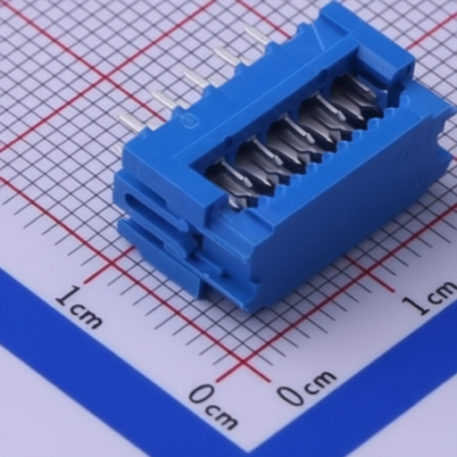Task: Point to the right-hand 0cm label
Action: (306, 387)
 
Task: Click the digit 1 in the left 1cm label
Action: (68, 297)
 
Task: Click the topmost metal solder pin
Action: (255, 35)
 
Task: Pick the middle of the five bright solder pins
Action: (195, 78)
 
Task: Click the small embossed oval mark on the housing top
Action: (189, 121)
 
